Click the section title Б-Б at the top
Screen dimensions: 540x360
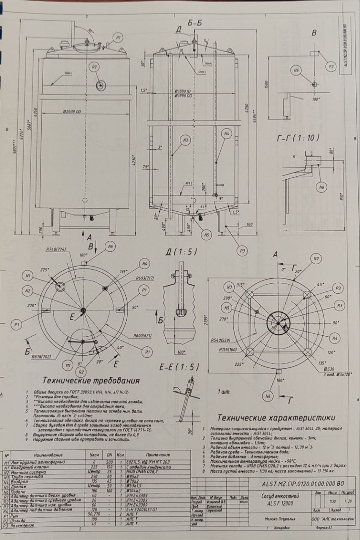(195, 24)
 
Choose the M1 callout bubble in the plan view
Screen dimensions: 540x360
(68, 364)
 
